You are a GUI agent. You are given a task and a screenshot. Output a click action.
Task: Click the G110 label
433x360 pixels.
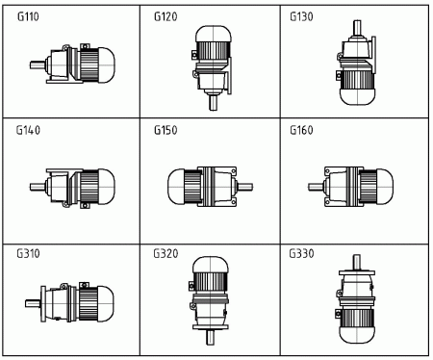pos(28,16)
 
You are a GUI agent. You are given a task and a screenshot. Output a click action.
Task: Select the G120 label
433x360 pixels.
pos(166,16)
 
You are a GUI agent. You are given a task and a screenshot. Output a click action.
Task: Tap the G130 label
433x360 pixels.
pos(301,16)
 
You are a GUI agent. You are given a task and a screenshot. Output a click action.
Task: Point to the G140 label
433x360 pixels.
pos(28,130)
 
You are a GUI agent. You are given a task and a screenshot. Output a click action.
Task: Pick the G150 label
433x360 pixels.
pos(166,130)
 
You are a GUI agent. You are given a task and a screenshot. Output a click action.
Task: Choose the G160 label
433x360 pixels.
pos(301,130)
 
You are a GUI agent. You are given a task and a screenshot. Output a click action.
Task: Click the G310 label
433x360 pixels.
pos(28,253)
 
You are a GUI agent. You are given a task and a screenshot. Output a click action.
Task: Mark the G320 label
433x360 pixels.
pos(166,253)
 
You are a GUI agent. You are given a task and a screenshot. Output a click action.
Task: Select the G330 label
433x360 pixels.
pos(301,253)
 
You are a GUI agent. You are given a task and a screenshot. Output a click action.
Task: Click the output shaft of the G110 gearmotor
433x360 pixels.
pos(38,65)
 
